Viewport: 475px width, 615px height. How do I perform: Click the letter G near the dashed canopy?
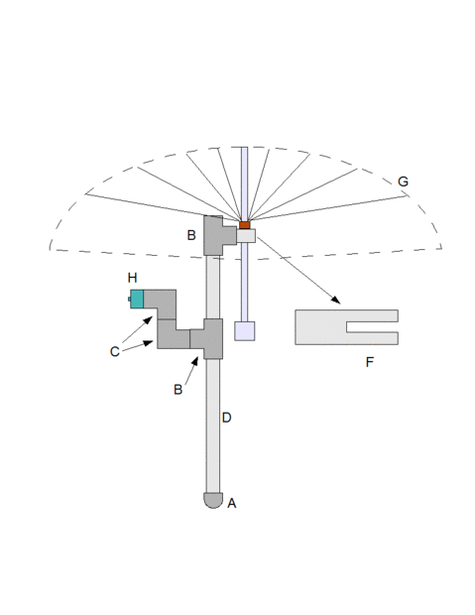(x=403, y=182)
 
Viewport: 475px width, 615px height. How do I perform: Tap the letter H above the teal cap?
(x=133, y=278)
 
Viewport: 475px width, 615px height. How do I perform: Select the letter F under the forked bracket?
(x=370, y=362)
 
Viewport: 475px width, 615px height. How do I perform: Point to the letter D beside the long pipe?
(x=227, y=418)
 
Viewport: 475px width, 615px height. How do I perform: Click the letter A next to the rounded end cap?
(x=232, y=503)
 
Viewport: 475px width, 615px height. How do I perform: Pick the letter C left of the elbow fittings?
(x=114, y=351)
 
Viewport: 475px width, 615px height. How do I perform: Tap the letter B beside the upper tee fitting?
(x=191, y=235)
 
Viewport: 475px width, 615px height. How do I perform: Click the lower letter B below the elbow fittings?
(x=178, y=390)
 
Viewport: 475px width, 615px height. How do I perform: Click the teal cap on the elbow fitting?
(x=137, y=299)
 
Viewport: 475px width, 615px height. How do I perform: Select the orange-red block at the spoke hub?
(x=245, y=225)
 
